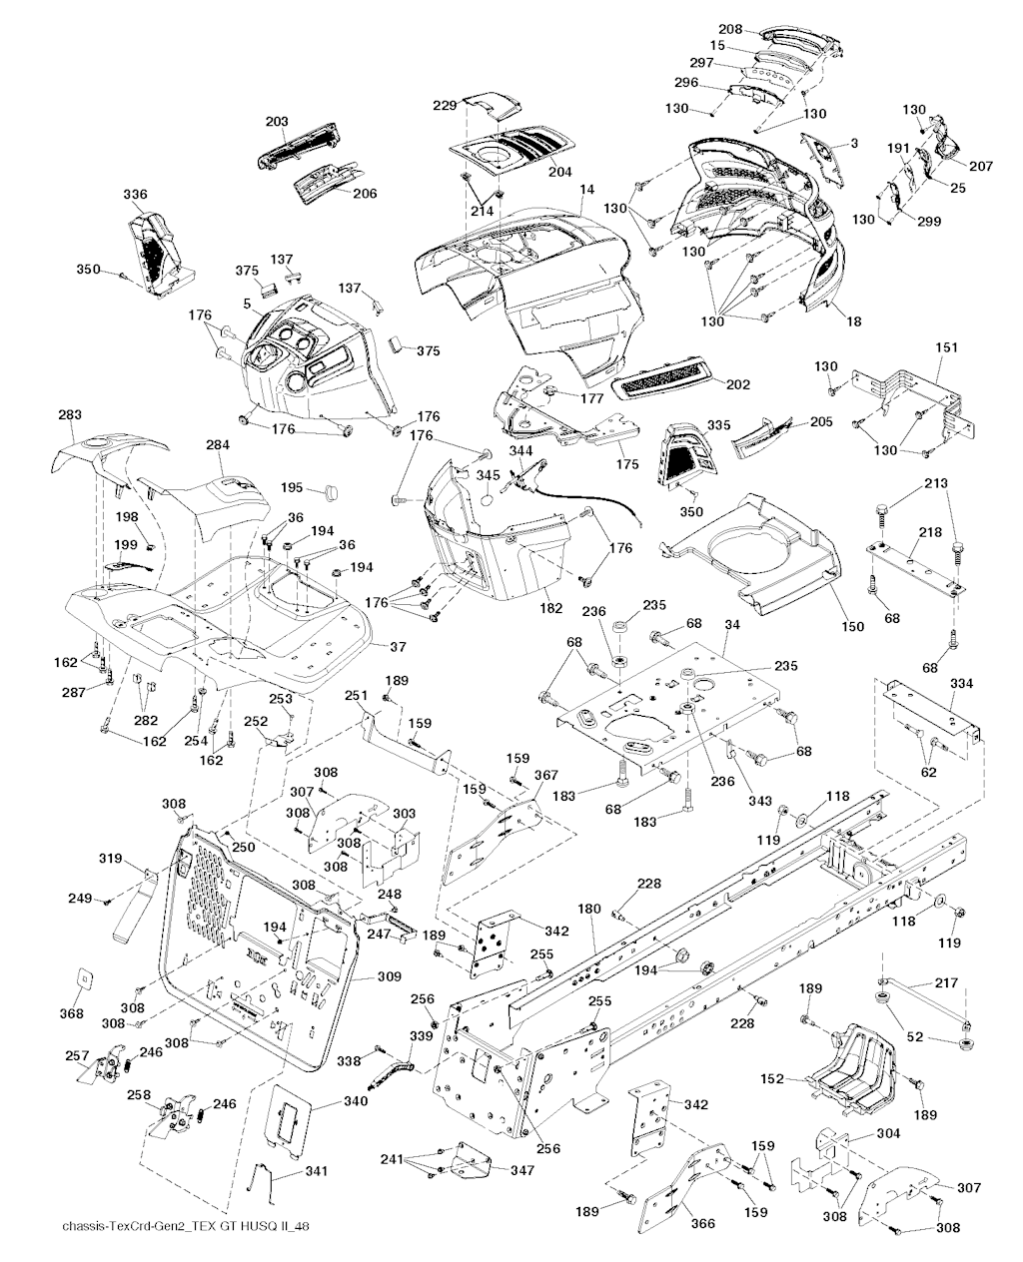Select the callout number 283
click(x=70, y=414)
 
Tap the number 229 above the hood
click(x=445, y=104)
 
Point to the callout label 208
click(x=730, y=30)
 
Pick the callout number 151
click(x=946, y=347)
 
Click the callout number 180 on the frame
click(x=589, y=910)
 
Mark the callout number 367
click(x=545, y=774)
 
